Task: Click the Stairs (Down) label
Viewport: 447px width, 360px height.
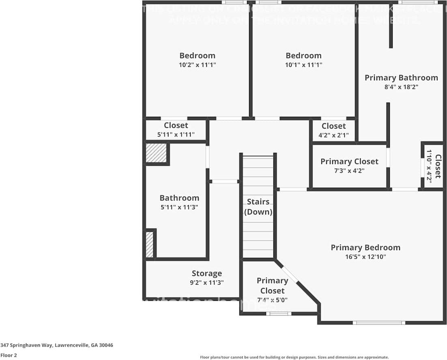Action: [258, 207]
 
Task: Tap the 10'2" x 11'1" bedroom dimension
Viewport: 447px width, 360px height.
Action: [197, 65]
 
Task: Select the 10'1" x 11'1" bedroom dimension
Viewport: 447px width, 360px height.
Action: [303, 65]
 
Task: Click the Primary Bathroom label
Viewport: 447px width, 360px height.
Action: [401, 77]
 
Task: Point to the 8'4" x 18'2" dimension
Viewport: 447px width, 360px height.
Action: [401, 87]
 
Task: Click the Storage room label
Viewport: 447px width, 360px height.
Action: [206, 274]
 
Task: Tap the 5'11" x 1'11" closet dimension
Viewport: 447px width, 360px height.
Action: [176, 135]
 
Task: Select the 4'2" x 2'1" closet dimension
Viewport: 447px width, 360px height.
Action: [333, 135]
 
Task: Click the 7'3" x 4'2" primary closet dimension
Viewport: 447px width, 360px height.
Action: [349, 171]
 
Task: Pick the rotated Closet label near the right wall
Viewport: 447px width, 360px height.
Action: [438, 166]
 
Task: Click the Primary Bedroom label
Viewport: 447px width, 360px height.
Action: [365, 247]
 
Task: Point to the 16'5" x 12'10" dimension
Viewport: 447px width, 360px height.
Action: [365, 257]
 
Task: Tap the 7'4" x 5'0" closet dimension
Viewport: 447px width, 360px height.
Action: [273, 300]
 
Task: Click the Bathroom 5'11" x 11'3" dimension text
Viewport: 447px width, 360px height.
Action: [179, 207]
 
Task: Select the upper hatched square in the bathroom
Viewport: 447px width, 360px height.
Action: [156, 153]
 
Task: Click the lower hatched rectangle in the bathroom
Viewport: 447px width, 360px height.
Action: [149, 244]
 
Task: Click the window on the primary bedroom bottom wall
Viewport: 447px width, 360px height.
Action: [379, 323]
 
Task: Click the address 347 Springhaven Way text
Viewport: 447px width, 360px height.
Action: [57, 345]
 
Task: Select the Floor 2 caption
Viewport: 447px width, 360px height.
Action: [9, 356]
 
